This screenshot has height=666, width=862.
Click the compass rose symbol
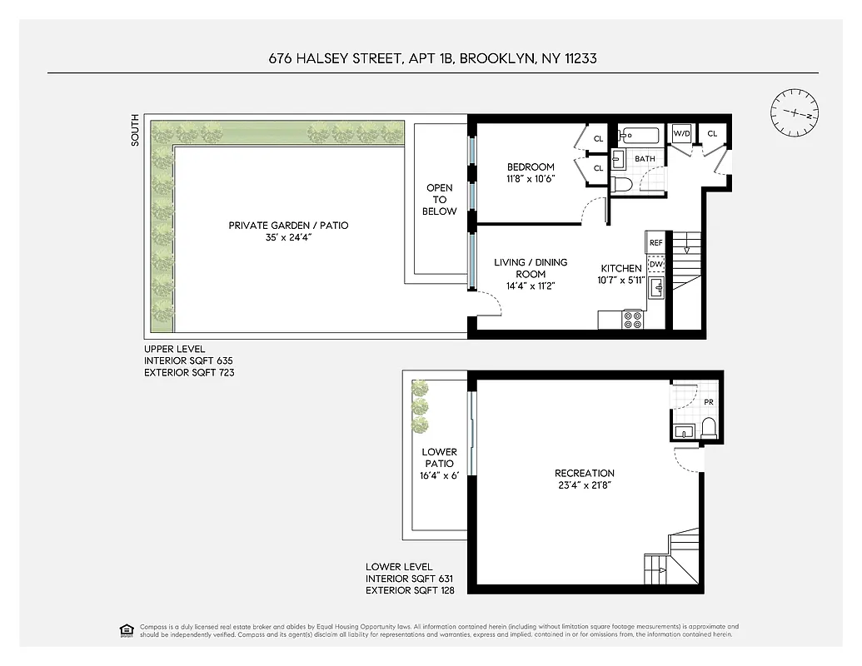pos(794,113)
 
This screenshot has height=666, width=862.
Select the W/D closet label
pos(681,133)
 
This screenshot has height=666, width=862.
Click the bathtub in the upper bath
pos(639,135)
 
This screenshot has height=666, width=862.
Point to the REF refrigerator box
pos(655,242)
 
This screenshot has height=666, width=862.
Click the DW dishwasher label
pos(655,264)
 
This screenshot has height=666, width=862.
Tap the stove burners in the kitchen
pos(632,319)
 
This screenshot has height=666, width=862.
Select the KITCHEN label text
pos(621,268)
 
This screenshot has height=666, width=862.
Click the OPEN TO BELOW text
pos(439,200)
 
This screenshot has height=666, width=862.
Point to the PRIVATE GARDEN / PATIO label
pos(288,226)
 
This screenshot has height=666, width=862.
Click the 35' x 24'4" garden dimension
pos(288,238)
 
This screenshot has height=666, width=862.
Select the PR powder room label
pos(708,402)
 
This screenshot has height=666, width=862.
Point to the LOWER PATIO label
pos(439,458)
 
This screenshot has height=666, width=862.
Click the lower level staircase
pos(671,560)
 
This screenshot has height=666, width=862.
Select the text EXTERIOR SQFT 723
pos(189,373)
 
